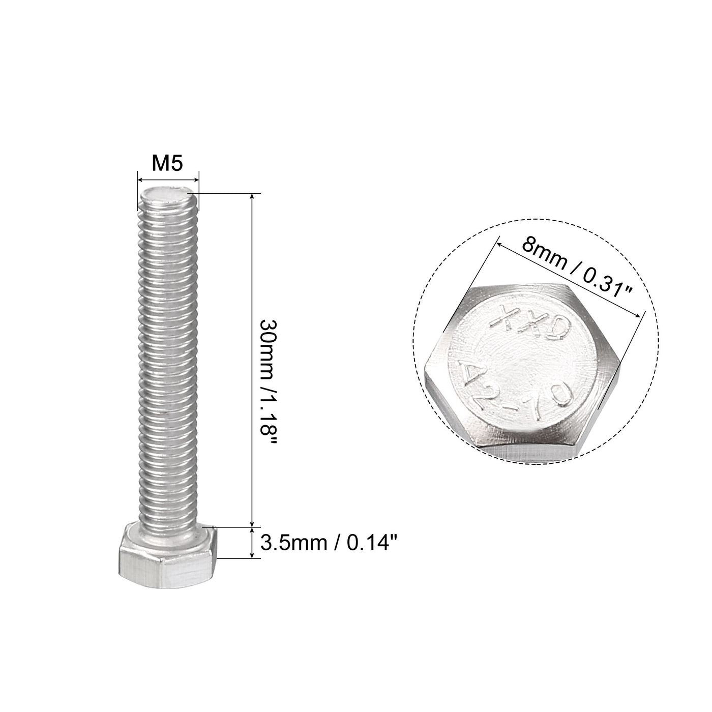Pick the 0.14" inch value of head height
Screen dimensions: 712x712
pos(371,544)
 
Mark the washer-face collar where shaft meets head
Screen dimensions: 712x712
pos(168,534)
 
